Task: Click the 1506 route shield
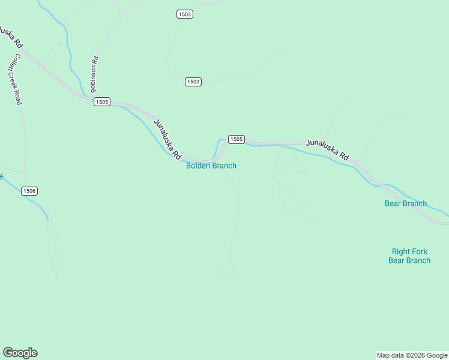[x=29, y=191]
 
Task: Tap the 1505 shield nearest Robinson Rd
[x=101, y=102]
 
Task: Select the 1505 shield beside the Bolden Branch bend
[x=236, y=139]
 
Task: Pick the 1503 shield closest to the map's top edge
[x=185, y=14]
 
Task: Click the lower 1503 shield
[x=193, y=82]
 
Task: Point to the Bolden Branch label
[x=211, y=166]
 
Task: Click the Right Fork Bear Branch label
[x=409, y=256]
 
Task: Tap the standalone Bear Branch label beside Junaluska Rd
[x=406, y=203]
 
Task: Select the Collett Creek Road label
[x=14, y=79]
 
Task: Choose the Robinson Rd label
[x=94, y=74]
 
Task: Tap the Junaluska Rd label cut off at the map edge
[x=10, y=37]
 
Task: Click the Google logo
[x=20, y=353]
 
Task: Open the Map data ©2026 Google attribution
[x=412, y=355]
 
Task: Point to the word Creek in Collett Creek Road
[x=14, y=79]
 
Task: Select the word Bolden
[x=198, y=166]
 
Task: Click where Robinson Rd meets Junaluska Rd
[x=88, y=97]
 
